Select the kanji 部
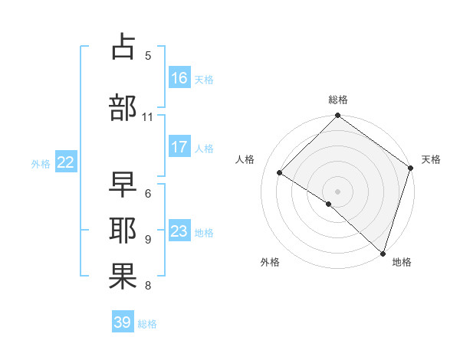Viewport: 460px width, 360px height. (123, 107)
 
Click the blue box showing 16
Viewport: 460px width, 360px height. (179, 77)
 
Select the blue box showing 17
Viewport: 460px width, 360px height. (179, 146)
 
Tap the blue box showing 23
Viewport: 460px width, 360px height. (179, 231)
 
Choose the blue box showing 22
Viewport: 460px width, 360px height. (66, 162)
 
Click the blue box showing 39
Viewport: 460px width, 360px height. (123, 322)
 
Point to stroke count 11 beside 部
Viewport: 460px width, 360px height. (148, 117)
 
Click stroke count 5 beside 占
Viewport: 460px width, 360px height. (148, 55)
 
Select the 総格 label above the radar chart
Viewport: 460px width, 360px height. (338, 100)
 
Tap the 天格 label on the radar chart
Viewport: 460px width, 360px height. (431, 159)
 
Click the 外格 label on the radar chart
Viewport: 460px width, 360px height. (270, 262)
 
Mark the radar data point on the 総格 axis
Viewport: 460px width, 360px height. (338, 116)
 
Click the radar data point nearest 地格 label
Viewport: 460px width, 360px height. (383, 253)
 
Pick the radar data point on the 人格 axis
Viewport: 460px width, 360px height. (280, 172)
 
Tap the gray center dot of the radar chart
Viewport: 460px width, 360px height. (338, 191)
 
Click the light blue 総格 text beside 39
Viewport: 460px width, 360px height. (147, 324)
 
